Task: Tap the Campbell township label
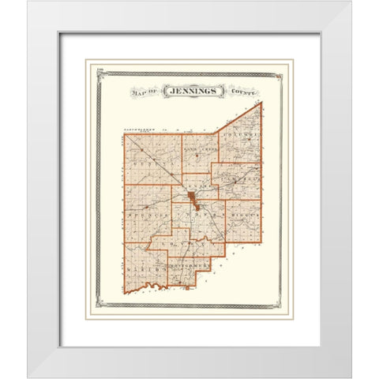point(240,180)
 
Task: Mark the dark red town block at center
point(192,199)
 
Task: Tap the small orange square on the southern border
point(188,288)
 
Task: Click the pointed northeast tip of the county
point(261,102)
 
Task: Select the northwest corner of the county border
point(123,134)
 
